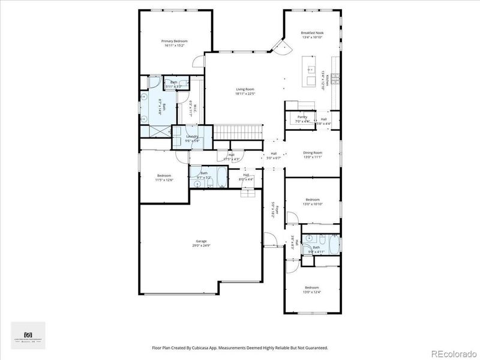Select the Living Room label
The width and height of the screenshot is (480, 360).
[x=244, y=89]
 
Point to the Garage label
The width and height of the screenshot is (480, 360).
[x=201, y=241]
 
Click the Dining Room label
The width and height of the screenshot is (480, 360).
[x=313, y=153]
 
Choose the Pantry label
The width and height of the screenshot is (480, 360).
[x=302, y=117]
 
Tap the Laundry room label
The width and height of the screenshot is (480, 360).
[x=192, y=137]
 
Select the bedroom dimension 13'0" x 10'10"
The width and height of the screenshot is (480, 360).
[x=313, y=204]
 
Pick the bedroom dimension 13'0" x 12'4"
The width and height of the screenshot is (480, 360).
[x=313, y=292]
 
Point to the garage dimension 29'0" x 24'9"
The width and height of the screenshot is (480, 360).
[x=201, y=245]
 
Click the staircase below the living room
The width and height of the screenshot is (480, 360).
[x=239, y=131]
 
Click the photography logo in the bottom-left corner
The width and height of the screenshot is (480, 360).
[x=28, y=335]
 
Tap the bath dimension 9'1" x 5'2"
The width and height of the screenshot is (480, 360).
[x=205, y=178]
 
